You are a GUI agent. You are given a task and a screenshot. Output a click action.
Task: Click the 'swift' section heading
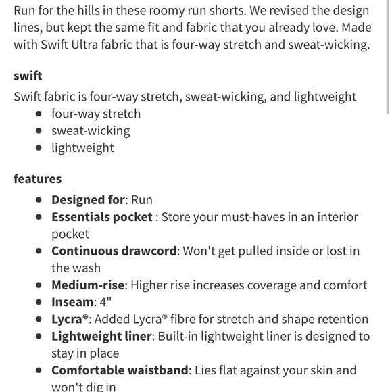28,76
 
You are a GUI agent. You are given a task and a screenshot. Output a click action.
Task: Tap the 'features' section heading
37,179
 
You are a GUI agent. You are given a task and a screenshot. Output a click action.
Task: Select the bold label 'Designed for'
88,200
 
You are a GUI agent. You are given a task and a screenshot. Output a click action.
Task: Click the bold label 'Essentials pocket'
102,217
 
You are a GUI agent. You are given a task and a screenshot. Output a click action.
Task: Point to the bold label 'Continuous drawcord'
114,251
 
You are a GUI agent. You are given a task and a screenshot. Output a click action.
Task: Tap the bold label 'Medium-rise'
89,285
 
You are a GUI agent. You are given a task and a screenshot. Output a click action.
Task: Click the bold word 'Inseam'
72,302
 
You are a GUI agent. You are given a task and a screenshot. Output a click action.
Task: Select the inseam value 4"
105,302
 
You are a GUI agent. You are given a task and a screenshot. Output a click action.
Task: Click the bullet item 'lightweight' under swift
82,148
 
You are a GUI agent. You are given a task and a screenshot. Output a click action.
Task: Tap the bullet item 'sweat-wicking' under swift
91,131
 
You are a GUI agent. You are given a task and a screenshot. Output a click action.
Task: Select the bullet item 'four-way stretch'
96,114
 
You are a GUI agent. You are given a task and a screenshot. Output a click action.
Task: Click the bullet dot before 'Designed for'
39,200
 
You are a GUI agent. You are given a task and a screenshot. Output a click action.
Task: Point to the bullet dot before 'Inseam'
39,302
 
